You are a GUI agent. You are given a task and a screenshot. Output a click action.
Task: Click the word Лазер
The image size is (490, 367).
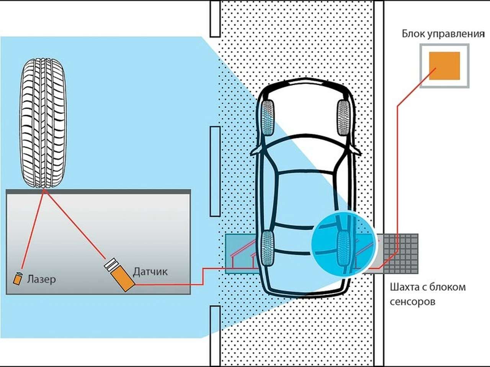[x=41, y=279]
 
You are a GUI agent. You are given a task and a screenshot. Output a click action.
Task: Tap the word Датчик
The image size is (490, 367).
[x=150, y=272]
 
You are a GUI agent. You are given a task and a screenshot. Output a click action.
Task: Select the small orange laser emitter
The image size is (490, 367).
[x=17, y=278]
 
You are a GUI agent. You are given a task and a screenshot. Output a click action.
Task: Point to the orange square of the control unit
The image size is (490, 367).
[x=444, y=66]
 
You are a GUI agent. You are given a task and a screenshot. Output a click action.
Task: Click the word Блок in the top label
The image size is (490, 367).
[x=413, y=34]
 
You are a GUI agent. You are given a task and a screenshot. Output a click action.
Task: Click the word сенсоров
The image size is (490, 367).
[x=412, y=302]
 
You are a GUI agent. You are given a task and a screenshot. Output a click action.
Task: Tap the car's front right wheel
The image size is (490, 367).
[x=343, y=117]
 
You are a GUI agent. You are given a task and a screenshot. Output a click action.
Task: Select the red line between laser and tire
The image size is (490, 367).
[x=33, y=229]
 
